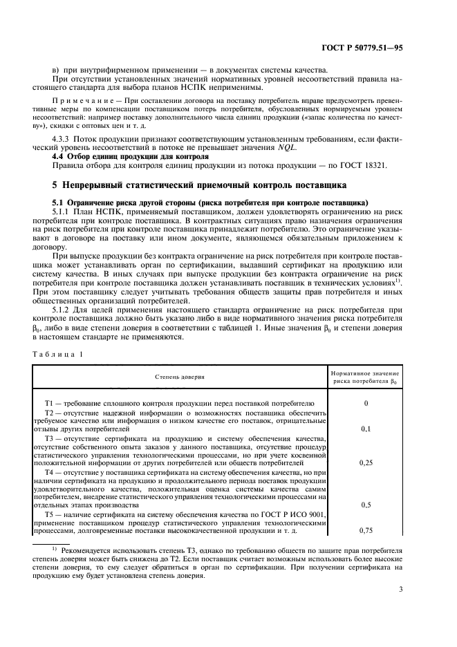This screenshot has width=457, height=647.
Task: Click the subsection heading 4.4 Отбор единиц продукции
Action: [x=106, y=156]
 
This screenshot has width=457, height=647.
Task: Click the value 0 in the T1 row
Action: [x=365, y=402]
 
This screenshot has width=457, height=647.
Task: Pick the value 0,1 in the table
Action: [x=365, y=429]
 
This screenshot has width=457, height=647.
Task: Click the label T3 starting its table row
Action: [x=50, y=438]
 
